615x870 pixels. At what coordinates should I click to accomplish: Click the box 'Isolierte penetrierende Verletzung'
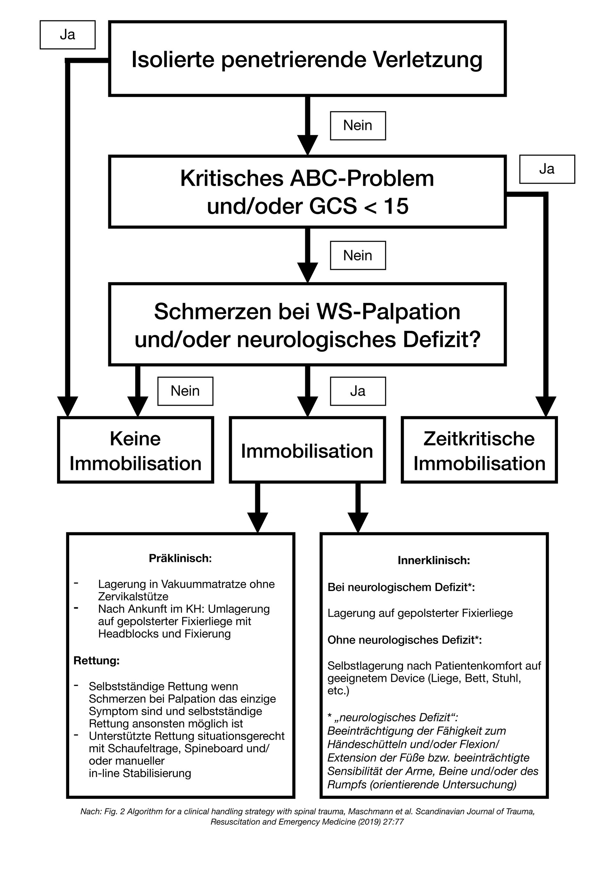pos(307,59)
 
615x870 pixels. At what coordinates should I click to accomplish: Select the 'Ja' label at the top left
pos(68,35)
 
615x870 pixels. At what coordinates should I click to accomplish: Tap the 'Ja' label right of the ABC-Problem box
pos(546,169)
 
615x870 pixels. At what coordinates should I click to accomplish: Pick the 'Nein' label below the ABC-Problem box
pos(357,255)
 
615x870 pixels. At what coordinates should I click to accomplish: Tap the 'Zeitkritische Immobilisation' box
pos(479,450)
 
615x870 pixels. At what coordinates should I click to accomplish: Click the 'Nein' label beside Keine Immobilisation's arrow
pos(185,391)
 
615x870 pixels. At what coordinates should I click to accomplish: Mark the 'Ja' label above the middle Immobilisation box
pos(357,391)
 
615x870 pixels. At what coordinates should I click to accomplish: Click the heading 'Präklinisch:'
pos(180,558)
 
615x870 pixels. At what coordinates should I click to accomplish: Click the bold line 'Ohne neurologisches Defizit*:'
pos(404,640)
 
